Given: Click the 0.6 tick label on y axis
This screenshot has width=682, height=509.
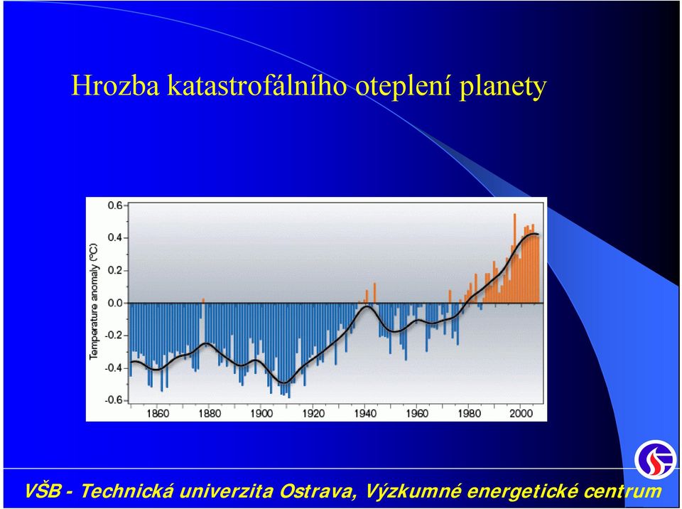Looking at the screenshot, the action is (115, 205).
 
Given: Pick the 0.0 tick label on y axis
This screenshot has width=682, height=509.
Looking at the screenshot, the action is (115, 303).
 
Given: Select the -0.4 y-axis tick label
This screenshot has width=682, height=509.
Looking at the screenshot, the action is (114, 368).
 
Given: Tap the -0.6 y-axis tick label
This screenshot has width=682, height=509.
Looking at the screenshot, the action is (114, 400).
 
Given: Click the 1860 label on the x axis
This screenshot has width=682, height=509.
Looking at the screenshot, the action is (158, 413).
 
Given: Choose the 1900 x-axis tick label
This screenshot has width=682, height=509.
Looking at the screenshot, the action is (261, 413).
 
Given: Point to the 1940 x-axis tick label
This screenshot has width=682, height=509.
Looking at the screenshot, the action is (365, 413).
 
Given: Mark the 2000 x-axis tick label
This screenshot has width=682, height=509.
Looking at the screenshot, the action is (521, 413).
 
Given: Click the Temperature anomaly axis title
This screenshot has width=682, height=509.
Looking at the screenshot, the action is (94, 301).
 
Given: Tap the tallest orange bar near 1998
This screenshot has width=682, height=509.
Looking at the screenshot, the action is (515, 258).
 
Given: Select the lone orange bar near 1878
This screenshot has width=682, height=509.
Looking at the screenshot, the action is (203, 301).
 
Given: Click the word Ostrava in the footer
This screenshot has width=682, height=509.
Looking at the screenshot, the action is (317, 491).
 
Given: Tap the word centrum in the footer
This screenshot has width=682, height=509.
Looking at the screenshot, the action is (622, 492).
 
